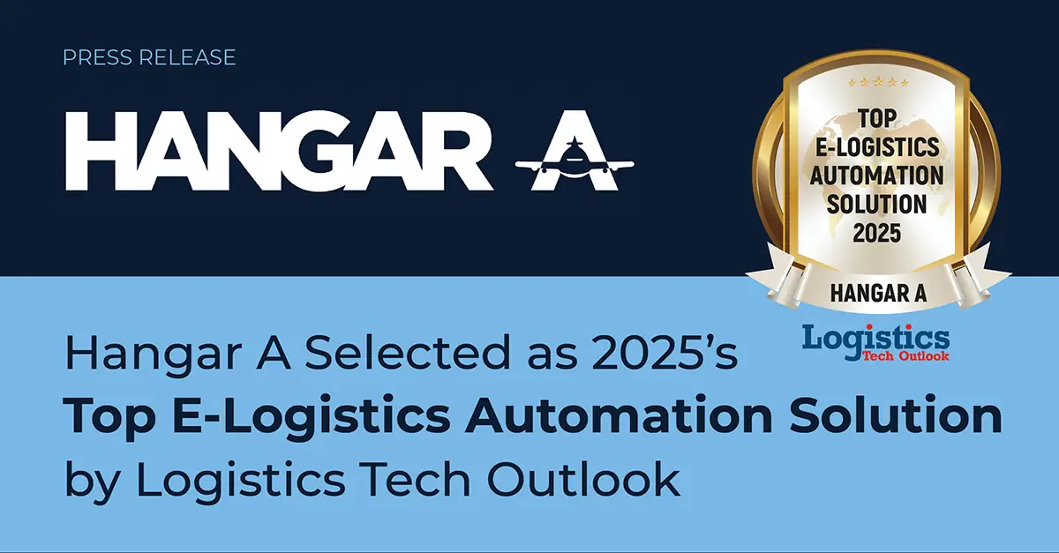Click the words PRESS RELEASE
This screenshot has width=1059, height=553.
[x=149, y=58]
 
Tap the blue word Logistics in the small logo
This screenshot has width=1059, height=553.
[x=875, y=337]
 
